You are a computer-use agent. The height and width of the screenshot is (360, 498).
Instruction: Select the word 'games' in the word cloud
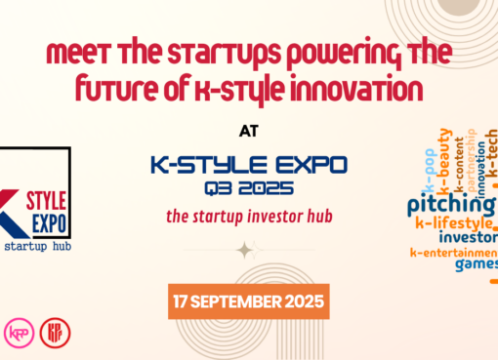(x=474, y=262)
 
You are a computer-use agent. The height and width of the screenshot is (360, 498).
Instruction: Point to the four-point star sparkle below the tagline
(x=245, y=250)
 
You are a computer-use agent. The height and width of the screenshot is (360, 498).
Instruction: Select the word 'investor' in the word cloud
(x=469, y=237)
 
